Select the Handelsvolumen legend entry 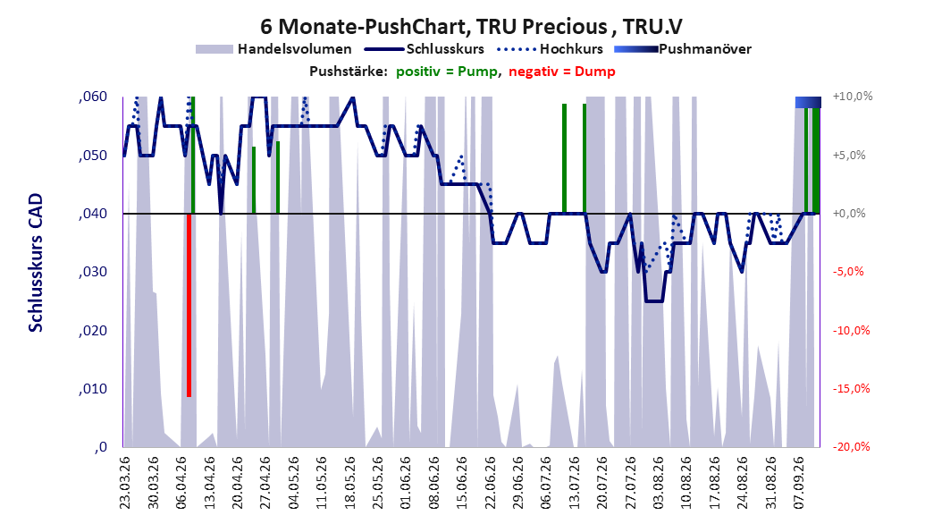(x=273, y=49)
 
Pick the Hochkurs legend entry (x=550, y=49)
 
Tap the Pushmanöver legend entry (x=683, y=49)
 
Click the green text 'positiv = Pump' (x=446, y=72)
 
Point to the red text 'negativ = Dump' (x=562, y=72)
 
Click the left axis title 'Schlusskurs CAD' (x=36, y=263)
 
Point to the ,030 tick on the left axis (x=93, y=272)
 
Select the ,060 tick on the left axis (x=93, y=97)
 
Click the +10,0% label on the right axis (x=853, y=97)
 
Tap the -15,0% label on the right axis (x=851, y=389)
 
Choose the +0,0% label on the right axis (x=849, y=214)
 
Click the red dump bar (x=189, y=305)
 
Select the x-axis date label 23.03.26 (x=124, y=482)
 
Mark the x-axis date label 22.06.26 (x=490, y=482)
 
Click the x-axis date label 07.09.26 (x=798, y=482)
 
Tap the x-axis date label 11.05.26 (x=321, y=482)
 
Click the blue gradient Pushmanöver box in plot (x=808, y=102)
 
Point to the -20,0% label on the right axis (x=851, y=446)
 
